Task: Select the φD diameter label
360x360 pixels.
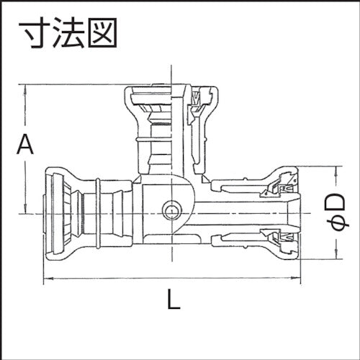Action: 343,213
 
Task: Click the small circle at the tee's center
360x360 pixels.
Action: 171,211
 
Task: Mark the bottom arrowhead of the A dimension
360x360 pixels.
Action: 25,210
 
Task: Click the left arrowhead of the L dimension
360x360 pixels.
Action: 48,279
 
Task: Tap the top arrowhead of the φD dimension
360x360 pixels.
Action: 336,171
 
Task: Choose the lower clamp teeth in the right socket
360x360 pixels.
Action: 277,235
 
